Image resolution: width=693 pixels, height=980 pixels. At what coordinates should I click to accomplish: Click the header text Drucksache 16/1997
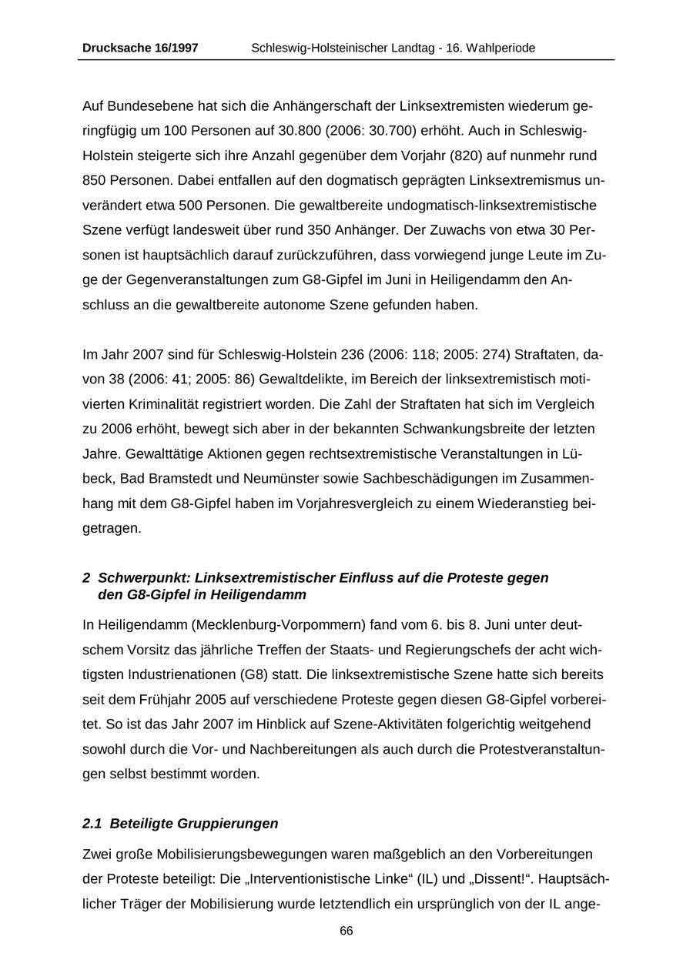pyautogui.click(x=140, y=48)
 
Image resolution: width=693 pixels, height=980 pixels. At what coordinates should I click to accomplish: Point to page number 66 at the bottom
pyautogui.click(x=346, y=931)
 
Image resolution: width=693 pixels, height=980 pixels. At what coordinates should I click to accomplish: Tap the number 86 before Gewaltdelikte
pyautogui.click(x=246, y=380)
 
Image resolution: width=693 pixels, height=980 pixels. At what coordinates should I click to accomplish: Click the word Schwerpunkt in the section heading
pyautogui.click(x=144, y=577)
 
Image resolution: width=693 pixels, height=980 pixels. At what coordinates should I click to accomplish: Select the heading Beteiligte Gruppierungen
pyautogui.click(x=194, y=824)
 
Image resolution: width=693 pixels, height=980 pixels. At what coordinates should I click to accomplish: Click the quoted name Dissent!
pyautogui.click(x=472, y=879)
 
